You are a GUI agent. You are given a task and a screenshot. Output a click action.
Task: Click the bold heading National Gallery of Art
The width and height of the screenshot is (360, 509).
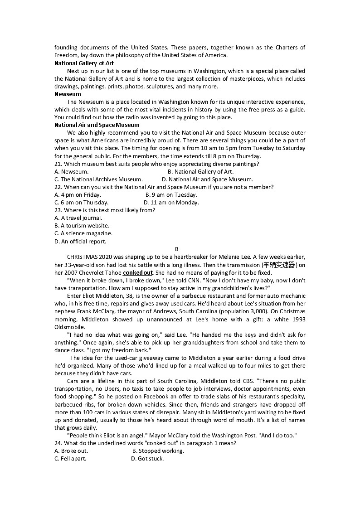(84, 63)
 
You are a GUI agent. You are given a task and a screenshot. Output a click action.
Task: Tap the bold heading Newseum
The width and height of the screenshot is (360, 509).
(68, 94)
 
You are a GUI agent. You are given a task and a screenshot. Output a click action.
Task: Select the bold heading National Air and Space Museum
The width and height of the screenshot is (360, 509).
(97, 125)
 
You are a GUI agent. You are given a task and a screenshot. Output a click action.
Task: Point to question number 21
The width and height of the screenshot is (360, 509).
(58, 164)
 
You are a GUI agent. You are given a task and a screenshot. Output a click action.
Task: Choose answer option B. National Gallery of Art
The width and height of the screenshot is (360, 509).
(200, 171)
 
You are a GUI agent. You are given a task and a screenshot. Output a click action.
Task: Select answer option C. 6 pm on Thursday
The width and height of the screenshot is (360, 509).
(81, 203)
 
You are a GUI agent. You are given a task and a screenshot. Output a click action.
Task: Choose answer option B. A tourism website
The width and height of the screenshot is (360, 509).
(82, 225)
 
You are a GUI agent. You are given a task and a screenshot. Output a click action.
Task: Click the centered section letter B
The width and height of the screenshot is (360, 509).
(177, 249)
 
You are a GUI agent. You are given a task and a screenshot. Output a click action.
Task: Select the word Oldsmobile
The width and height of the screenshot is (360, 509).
(69, 327)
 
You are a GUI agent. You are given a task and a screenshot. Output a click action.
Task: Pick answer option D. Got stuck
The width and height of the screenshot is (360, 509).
(147, 458)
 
